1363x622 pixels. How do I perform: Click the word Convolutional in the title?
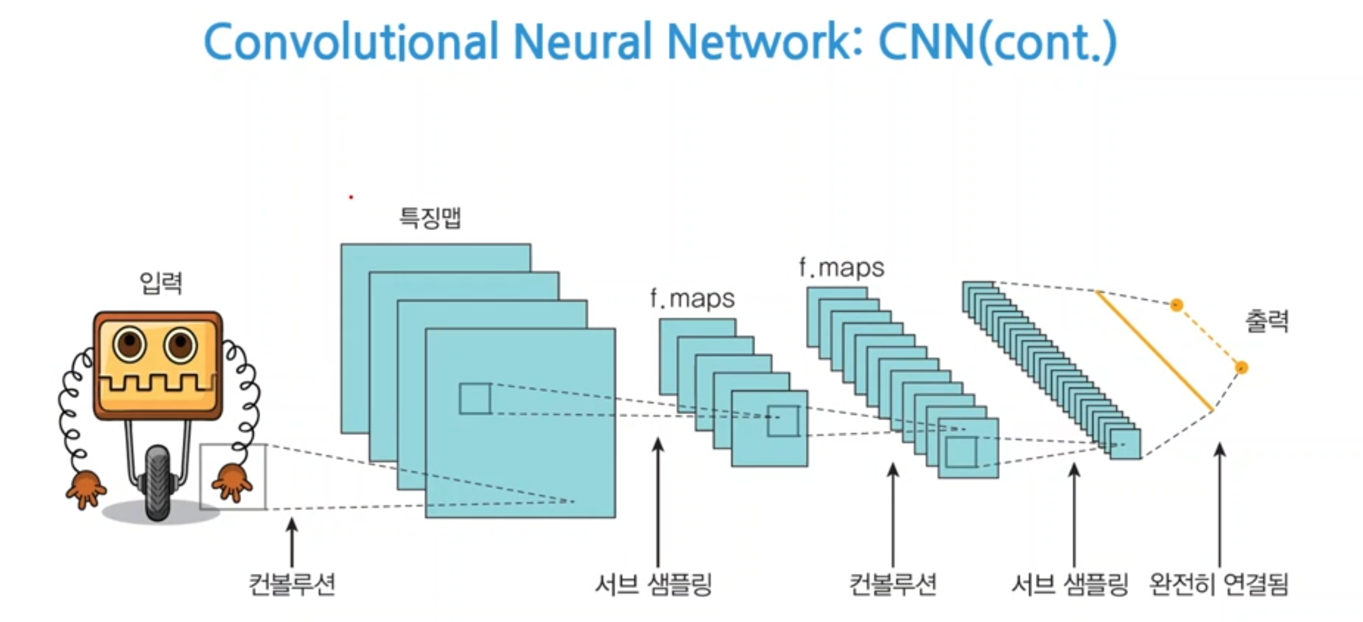tap(351, 42)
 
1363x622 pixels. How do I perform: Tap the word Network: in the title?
tap(765, 42)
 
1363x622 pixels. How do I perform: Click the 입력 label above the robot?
tap(161, 283)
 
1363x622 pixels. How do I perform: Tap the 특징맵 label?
tap(430, 217)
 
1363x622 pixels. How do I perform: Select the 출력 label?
tap(1266, 322)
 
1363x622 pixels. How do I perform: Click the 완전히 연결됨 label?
tap(1219, 584)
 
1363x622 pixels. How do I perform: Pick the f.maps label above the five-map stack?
tap(692, 298)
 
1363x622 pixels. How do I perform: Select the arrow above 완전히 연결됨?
tap(1220, 503)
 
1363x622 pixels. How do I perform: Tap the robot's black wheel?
tap(158, 483)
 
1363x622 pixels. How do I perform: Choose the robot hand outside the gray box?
tap(86, 488)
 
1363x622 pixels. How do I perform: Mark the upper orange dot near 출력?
tap(1177, 305)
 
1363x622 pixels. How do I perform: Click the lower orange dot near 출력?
tap(1241, 367)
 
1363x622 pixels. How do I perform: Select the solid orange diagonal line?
tap(1154, 351)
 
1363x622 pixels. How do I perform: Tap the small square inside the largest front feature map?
tap(475, 398)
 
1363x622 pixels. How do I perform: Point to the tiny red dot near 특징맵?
tap(351, 197)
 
